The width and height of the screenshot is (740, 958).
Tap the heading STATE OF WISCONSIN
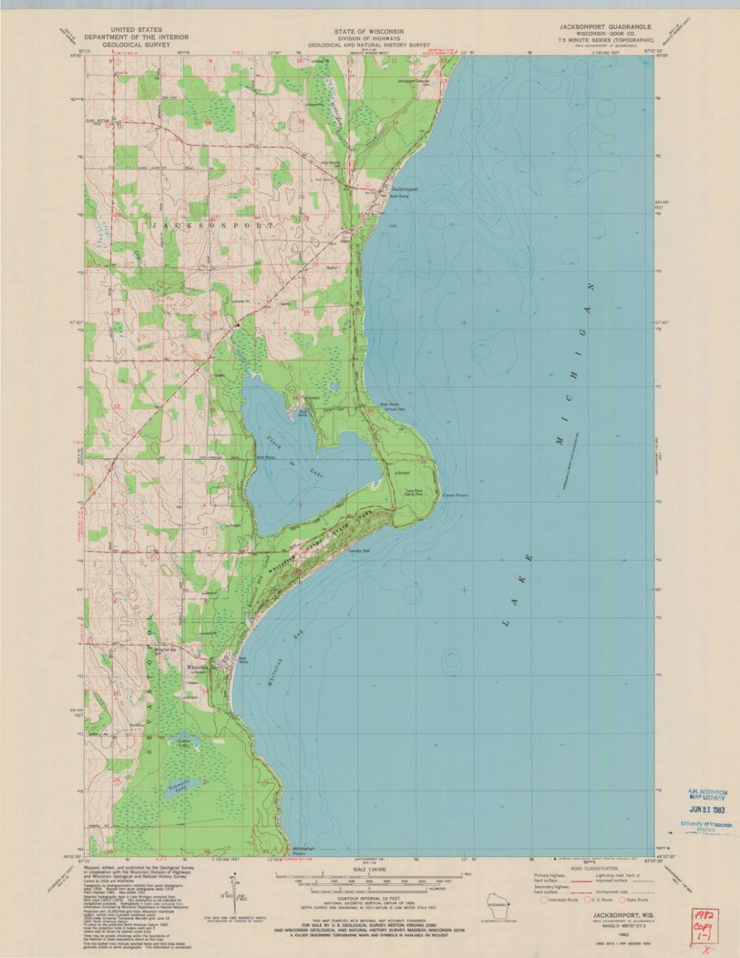[x=367, y=29]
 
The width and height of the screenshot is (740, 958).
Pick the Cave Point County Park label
[x=408, y=493]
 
